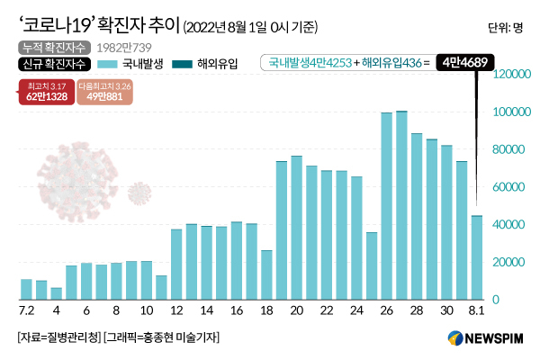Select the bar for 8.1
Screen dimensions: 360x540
477,257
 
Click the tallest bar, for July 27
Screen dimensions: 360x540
401,205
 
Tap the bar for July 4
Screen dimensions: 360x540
56,293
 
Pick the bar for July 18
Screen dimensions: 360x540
266,274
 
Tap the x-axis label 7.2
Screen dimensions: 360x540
27,310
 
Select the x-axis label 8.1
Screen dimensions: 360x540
477,310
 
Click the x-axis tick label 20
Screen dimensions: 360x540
296,310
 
